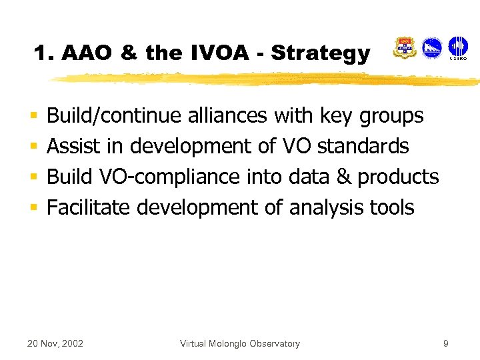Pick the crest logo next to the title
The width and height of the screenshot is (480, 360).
click(405, 48)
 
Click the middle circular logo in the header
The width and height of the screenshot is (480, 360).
click(432, 48)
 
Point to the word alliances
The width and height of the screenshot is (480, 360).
click(226, 115)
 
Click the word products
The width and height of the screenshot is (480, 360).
click(398, 177)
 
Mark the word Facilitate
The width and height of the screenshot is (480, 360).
click(89, 207)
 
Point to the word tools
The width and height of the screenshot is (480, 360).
click(392, 207)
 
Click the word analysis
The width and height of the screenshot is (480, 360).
click(327, 207)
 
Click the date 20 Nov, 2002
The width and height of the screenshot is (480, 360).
click(55, 344)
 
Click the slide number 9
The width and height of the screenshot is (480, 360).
click(445, 344)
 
